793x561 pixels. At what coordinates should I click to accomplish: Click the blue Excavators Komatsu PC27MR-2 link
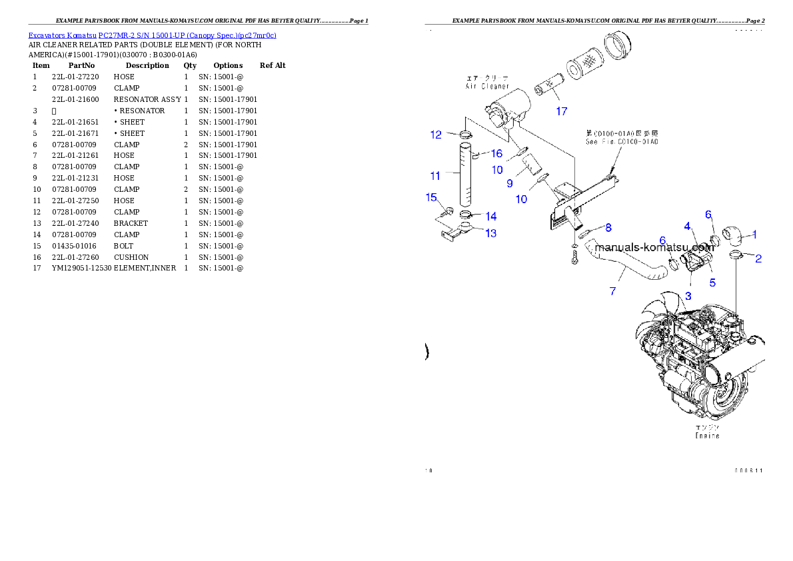coord(152,35)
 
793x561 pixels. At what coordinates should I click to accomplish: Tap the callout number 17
coord(562,111)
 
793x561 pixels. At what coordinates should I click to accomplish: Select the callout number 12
coord(436,135)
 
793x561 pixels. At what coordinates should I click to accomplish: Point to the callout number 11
coord(435,176)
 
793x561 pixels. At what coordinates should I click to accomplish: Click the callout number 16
coord(496,153)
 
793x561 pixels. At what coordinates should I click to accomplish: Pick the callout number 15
coord(431,197)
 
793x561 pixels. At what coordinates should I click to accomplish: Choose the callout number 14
coord(490,216)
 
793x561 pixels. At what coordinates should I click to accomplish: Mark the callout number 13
coord(490,233)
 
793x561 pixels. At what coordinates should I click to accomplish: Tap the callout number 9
coord(509,183)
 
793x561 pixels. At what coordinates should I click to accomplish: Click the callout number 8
coord(608,228)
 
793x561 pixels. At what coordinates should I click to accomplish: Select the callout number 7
coord(612,291)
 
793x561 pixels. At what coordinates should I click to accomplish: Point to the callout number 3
coord(688,294)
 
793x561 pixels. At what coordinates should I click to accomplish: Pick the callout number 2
coord(758,259)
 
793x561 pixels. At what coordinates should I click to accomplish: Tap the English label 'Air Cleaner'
coord(487,86)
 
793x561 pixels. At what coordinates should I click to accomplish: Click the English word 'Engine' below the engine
coord(707,435)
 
